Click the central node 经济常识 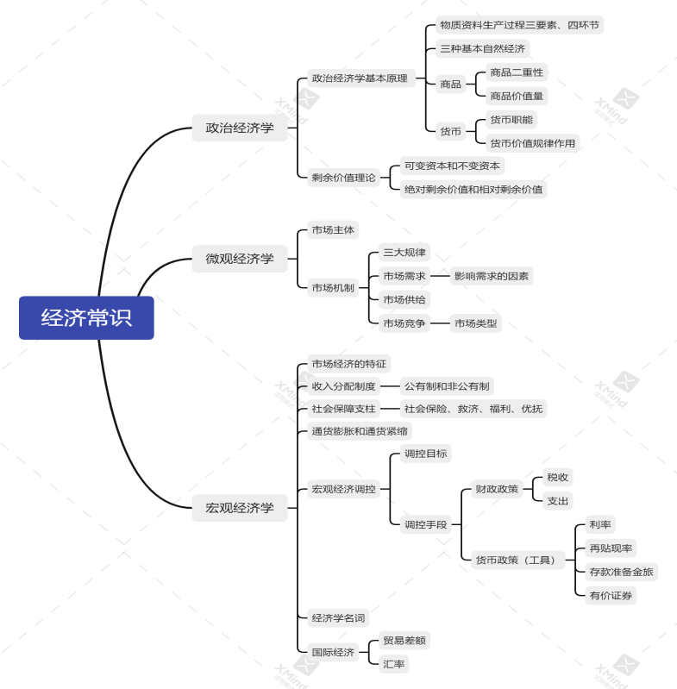tap(86, 317)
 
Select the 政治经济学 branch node tap(240, 128)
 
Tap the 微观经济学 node tap(240, 258)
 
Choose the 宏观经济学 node tap(240, 508)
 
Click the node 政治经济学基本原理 tap(360, 78)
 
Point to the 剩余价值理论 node tap(343, 178)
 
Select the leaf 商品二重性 tap(517, 72)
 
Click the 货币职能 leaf tap(512, 119)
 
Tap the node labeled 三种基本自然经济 tap(482, 48)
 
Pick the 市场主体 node tap(333, 230)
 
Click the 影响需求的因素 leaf tap(492, 276)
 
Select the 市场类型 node tap(476, 323)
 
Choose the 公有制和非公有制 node tap(448, 385)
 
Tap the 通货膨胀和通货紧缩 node tap(360, 431)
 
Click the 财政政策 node tap(497, 489)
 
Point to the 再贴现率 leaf tap(611, 548)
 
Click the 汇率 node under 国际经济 tap(394, 663)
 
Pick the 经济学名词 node tap(338, 617)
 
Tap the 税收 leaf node tap(558, 477)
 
